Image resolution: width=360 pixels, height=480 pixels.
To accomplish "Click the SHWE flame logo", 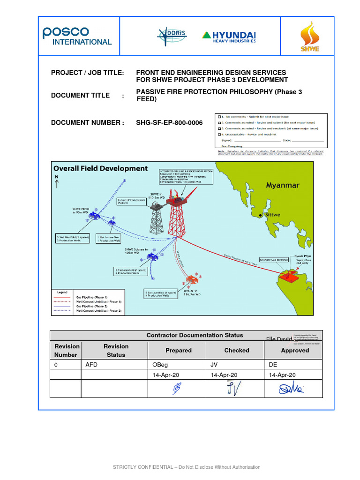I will pos(309,36).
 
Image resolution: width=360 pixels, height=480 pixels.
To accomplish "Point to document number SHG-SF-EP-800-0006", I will pos(169,123).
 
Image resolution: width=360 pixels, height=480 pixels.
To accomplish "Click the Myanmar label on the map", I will pos(282,185).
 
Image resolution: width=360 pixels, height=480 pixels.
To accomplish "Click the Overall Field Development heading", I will pos(100,168).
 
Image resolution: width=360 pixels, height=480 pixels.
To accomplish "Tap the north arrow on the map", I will pos(57,182).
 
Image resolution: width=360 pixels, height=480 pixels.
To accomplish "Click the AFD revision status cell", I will pos(91,365).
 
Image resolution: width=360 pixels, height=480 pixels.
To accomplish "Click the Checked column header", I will pos(236,350).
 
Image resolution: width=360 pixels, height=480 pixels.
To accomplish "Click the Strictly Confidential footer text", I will pos(186,467).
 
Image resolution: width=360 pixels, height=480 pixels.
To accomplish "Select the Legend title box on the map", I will pos(62,292).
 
